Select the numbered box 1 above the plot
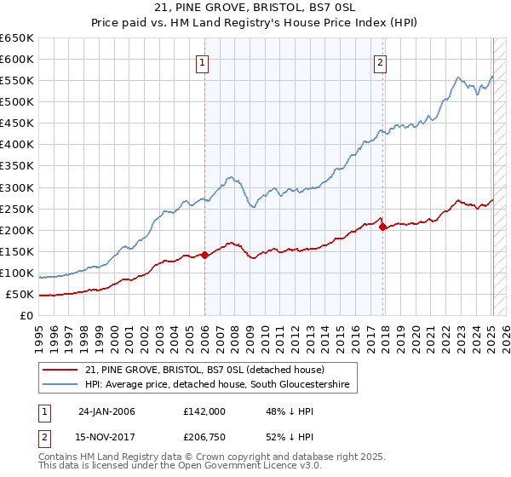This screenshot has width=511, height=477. point(203,61)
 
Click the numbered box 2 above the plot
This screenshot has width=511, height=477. point(380,61)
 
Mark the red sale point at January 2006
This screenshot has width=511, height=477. point(204,254)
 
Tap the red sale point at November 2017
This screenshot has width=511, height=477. point(383,227)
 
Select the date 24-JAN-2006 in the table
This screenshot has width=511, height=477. point(106,411)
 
